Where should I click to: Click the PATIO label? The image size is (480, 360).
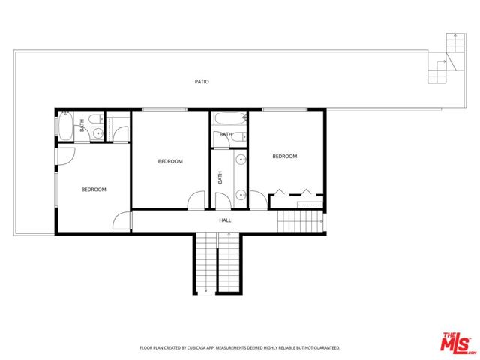point(201,81)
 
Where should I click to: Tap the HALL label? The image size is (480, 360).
point(225,220)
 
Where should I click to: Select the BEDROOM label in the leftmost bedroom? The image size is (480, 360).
point(94,190)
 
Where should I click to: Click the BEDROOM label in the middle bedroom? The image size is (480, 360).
point(169,161)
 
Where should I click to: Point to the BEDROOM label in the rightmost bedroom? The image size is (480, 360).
point(285,157)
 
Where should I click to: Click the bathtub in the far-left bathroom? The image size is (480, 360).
point(64,126)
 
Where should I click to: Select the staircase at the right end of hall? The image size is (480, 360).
point(294,222)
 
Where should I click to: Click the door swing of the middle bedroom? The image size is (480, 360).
point(196,200)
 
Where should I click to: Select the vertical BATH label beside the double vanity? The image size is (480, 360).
point(220,178)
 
